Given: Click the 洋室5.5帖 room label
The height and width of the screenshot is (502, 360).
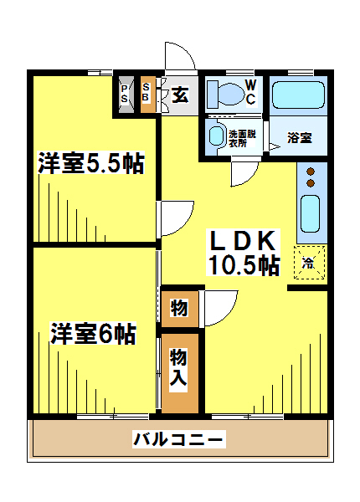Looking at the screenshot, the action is coord(91,162).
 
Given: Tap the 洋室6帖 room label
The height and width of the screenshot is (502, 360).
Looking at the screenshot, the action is coord(93,333).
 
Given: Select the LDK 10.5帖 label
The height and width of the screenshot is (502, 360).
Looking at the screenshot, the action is coord(243,253).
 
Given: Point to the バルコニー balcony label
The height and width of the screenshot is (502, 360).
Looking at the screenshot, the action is coord(179,439).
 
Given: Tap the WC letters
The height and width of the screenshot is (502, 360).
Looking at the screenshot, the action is coord(251,92).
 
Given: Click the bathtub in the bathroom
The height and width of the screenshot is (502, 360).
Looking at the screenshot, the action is coord(298,95).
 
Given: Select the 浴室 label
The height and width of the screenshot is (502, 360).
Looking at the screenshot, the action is coord(300,138).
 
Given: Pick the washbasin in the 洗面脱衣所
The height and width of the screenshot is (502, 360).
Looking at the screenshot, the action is coord(216,136).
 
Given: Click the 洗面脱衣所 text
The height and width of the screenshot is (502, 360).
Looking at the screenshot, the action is coord(242,138).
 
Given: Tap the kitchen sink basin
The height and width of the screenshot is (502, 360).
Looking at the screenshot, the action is coord(310,213).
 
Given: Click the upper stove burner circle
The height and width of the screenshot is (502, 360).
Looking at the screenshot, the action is coord(311,172).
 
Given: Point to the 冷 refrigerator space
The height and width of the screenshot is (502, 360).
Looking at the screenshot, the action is coord(310,262).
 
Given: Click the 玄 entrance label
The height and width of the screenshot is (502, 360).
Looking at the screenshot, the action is coord(180,95).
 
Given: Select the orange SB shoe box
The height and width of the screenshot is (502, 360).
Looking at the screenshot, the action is coord(148,95).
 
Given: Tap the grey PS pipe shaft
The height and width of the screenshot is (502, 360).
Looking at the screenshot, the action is coord(126,95).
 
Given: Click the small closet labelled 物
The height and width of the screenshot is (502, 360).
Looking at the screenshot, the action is coord(179,309).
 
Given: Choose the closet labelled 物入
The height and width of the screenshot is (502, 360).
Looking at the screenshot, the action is coord(179,373).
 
